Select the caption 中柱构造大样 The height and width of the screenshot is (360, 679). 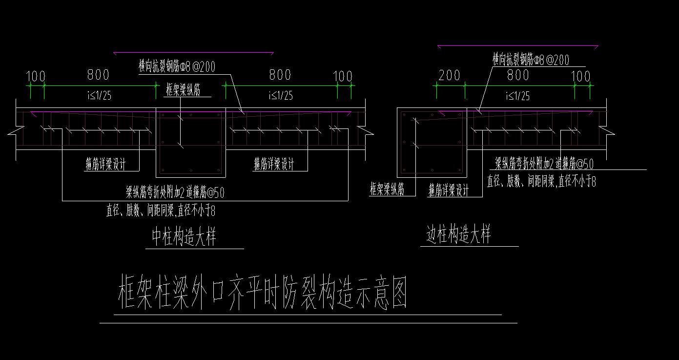point(184,237)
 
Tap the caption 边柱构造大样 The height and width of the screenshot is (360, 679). point(458,235)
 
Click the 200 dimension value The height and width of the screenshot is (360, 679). point(450,76)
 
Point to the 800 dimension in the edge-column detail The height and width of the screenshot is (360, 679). point(518,75)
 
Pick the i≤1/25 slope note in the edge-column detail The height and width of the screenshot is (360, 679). point(518,96)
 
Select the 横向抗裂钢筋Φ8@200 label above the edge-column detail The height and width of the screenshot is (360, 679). point(531,60)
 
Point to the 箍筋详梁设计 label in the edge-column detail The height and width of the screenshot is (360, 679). point(448,191)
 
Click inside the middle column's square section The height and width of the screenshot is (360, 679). point(190,142)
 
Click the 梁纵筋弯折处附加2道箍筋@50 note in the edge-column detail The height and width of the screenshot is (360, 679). point(544,164)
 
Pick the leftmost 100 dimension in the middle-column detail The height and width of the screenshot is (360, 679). point(36,77)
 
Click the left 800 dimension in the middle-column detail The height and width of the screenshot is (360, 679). point(98,75)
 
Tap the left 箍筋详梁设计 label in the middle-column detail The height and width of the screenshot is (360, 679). point(105,165)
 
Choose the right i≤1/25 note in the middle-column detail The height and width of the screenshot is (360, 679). point(280,96)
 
